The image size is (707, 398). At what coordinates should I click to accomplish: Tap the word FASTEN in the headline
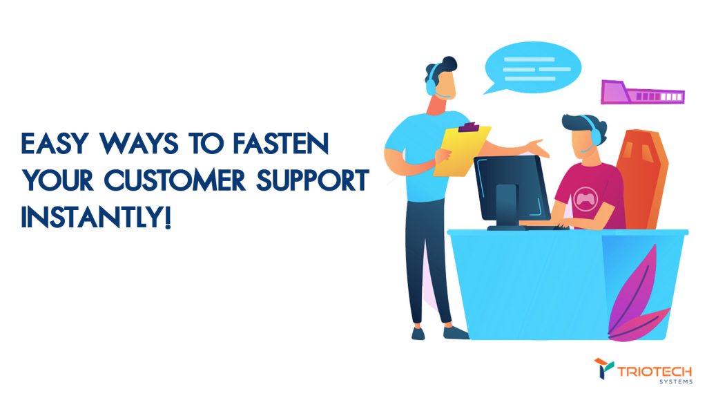point(281,144)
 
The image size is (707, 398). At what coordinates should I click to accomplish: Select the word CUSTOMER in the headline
point(175,180)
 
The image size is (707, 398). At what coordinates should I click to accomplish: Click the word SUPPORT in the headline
point(313,180)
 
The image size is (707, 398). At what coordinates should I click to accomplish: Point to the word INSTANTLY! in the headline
point(96,218)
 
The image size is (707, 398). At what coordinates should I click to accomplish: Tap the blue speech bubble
point(532,68)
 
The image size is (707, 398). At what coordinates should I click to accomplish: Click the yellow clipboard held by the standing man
point(461,151)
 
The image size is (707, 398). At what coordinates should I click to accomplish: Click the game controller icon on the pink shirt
point(585,198)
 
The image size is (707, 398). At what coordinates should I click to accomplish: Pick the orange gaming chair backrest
point(642,179)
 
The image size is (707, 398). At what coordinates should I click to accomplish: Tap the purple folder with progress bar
point(643,93)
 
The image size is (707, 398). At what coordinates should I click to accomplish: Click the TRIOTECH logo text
point(655,372)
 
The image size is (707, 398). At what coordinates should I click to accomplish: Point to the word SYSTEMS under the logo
point(676,381)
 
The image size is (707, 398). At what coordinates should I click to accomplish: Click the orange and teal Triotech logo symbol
point(603,368)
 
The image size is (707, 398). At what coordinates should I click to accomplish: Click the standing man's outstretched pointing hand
point(538,148)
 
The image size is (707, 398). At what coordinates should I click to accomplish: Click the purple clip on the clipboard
point(469,127)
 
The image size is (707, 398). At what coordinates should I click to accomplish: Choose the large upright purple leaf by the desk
point(633,289)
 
